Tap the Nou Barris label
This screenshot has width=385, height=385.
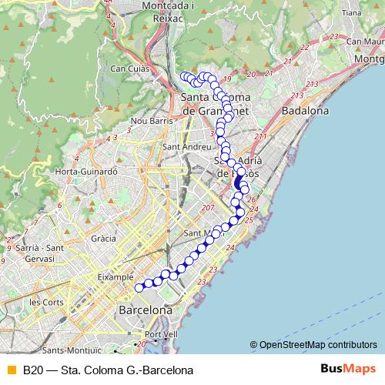(150, 121)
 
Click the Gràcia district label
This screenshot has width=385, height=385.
(102, 239)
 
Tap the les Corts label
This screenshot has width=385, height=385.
(45, 302)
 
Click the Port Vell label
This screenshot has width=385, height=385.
(160, 334)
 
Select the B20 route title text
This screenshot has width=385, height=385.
(108, 370)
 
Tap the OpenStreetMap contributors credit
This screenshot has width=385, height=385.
(318, 345)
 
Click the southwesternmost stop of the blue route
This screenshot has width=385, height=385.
(139, 288)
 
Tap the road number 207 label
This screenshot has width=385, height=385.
(207, 209)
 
